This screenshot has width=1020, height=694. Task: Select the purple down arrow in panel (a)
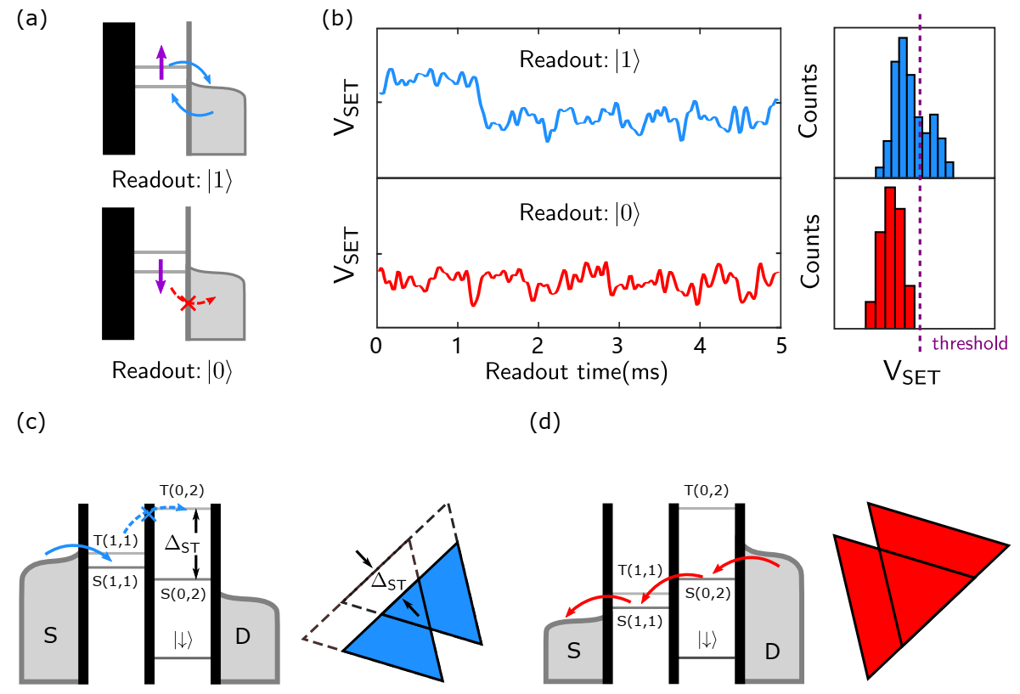159,277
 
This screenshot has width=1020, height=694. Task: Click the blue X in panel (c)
149,515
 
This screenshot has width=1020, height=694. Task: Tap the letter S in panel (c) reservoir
50,634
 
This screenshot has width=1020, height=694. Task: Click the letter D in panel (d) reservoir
772,652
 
